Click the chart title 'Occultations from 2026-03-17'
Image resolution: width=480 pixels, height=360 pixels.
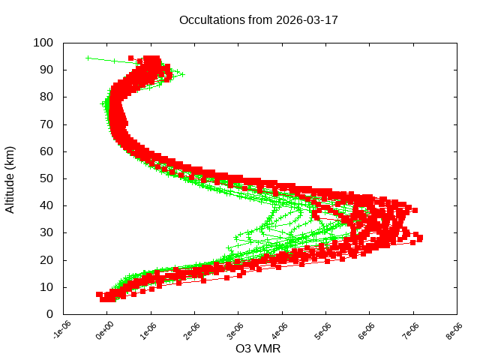click(258, 20)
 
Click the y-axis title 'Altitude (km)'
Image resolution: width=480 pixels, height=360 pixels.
click(10, 178)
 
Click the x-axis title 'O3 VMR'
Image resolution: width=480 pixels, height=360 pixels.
click(258, 348)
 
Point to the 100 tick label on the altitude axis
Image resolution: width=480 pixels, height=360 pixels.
click(43, 43)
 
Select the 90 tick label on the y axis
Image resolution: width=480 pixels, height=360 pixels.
click(46, 70)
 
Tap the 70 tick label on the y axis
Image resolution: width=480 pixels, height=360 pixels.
click(46, 124)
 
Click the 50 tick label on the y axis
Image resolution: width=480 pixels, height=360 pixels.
click(46, 178)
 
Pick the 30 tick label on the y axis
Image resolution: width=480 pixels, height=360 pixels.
click(46, 232)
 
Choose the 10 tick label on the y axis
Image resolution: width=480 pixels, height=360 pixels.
click(46, 286)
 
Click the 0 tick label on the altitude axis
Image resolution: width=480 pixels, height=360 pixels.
click(49, 314)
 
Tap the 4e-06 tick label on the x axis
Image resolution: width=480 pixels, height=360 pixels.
click(280, 330)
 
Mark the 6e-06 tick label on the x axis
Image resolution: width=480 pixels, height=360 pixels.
click(368, 330)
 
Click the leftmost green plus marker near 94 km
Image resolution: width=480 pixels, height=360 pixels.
click(88, 58)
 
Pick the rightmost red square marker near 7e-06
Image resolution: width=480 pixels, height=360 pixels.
click(420, 238)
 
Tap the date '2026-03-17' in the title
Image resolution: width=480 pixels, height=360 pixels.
click(307, 20)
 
